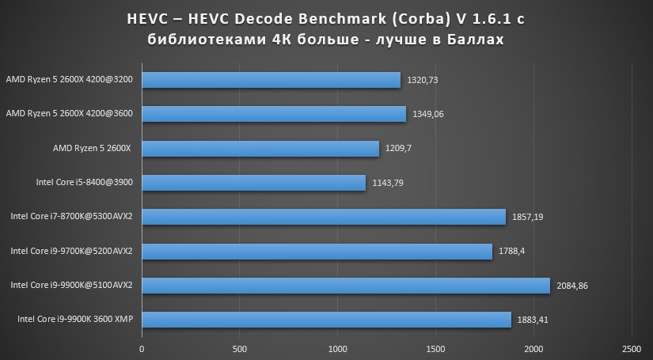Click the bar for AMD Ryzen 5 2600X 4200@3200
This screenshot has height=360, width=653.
point(271,80)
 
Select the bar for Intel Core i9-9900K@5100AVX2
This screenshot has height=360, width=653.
point(346,285)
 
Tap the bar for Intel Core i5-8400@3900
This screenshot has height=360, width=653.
point(253,183)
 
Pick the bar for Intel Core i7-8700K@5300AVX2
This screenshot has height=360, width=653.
point(324,217)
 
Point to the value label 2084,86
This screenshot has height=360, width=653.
point(575,285)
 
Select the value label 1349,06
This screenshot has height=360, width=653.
point(428,114)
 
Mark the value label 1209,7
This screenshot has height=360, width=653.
point(399,149)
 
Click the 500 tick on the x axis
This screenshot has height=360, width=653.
point(240,349)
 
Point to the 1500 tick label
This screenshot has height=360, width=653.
point(435,349)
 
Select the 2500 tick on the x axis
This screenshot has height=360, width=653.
point(631,349)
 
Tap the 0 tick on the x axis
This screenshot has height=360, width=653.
point(142,349)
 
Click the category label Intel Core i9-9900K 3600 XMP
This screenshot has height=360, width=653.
point(74,320)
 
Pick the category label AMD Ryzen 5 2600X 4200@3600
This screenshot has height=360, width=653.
point(69,114)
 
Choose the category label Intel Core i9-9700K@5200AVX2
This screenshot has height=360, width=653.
point(71,251)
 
